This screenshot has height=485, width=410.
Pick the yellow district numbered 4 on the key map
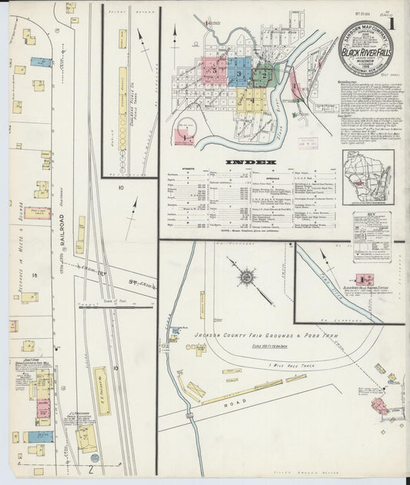pyautogui.click(x=250, y=98)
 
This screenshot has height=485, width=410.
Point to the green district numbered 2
pyautogui.click(x=262, y=75)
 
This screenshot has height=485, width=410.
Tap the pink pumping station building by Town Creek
pyautogui.click(x=362, y=279)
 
